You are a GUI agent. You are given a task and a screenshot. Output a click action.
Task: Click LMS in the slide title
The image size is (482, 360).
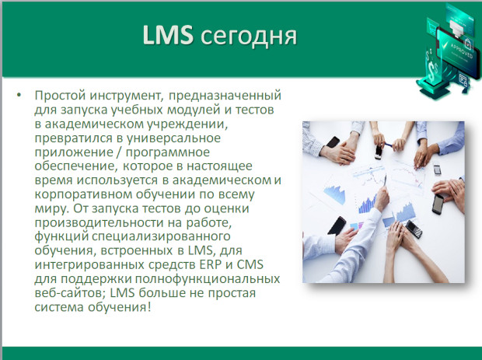(x=168, y=35)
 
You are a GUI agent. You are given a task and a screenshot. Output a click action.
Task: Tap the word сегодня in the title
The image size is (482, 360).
(x=249, y=37)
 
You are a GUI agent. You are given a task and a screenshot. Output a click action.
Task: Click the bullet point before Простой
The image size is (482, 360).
(x=19, y=95)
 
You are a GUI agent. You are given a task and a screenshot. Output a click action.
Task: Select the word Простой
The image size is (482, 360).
(x=60, y=96)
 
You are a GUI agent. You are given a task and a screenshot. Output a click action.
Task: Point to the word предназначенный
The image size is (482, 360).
(x=225, y=96)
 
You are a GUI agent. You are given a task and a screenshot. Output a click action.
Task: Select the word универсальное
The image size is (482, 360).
(x=173, y=138)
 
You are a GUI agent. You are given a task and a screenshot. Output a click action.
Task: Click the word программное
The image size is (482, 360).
(x=167, y=153)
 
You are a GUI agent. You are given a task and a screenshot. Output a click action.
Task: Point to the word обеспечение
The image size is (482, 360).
(x=76, y=166)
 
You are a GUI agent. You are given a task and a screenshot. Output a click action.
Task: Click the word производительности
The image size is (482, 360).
(x=104, y=223)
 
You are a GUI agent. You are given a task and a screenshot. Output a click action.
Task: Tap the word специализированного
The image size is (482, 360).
(x=161, y=237)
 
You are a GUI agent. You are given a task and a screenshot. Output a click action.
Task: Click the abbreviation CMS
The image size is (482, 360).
(x=250, y=264)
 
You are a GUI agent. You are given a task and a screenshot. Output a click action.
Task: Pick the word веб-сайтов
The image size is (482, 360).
(x=70, y=293)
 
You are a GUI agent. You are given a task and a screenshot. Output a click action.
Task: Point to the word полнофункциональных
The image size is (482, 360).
(x=208, y=279)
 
